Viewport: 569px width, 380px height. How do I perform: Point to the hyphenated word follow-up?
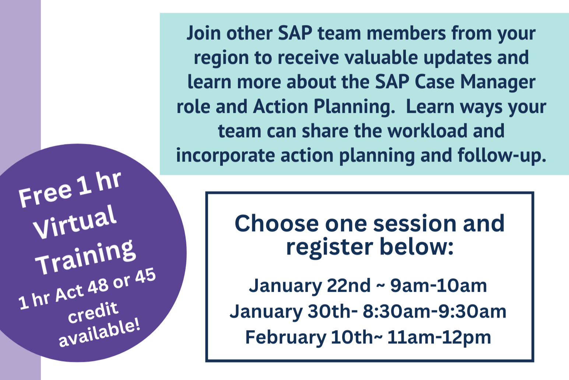point(502,155)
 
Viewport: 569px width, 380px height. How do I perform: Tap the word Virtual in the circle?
point(75,222)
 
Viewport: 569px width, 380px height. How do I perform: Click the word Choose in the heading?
point(277,224)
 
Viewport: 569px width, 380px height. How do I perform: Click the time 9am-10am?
point(438,286)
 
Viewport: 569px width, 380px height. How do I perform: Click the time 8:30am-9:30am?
point(435,311)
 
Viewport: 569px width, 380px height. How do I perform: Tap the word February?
point(286,337)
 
